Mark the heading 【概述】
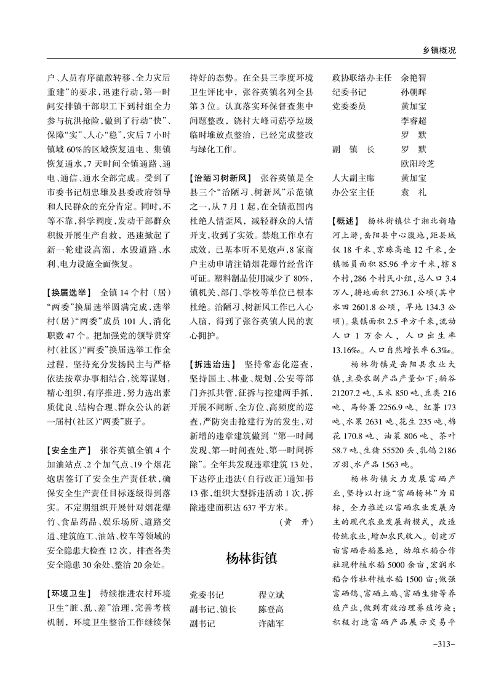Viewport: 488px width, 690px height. click(346, 220)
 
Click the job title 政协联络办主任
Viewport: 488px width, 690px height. click(361, 78)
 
